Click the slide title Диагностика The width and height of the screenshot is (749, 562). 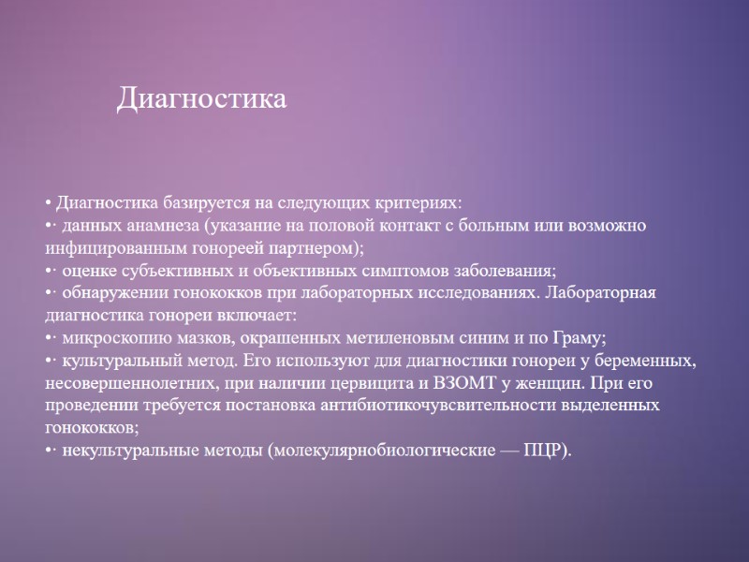201,98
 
